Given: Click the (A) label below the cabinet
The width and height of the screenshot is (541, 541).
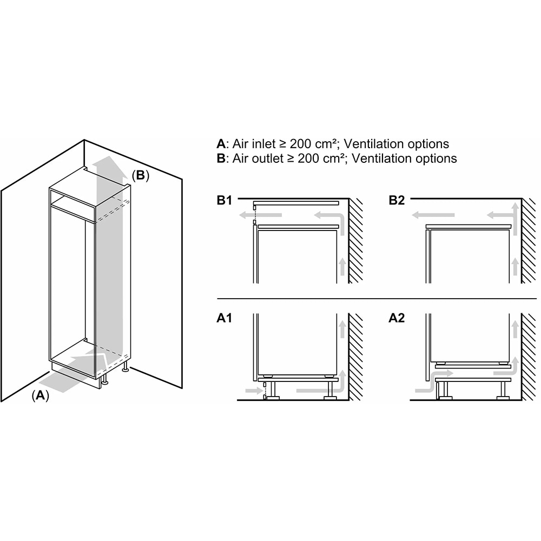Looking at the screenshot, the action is coord(41,395).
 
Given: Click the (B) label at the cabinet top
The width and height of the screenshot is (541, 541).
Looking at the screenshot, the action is coord(141,175).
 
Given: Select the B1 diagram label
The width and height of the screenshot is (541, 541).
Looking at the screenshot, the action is coord(225,200).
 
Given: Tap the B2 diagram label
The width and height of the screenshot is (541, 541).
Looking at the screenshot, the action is coord(397,200).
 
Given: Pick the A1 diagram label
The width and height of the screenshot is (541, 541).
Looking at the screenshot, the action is coord(225,318).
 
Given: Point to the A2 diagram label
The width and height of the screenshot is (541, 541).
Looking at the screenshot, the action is coord(397,318).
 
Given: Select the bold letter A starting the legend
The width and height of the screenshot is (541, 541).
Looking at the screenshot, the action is coord(221,143).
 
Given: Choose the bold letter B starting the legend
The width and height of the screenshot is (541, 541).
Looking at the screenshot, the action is coord(221,159).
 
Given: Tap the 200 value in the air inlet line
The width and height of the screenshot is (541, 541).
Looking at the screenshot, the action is coord(301,143).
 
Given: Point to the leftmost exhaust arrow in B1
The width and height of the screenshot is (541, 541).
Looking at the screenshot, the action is coord(261,215).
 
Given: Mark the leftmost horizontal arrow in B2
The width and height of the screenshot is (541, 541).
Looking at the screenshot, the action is coord(433,215).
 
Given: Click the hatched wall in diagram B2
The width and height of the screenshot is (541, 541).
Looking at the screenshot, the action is coord(529,241).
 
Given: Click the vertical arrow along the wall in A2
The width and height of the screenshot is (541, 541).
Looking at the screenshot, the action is coord(515,329).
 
